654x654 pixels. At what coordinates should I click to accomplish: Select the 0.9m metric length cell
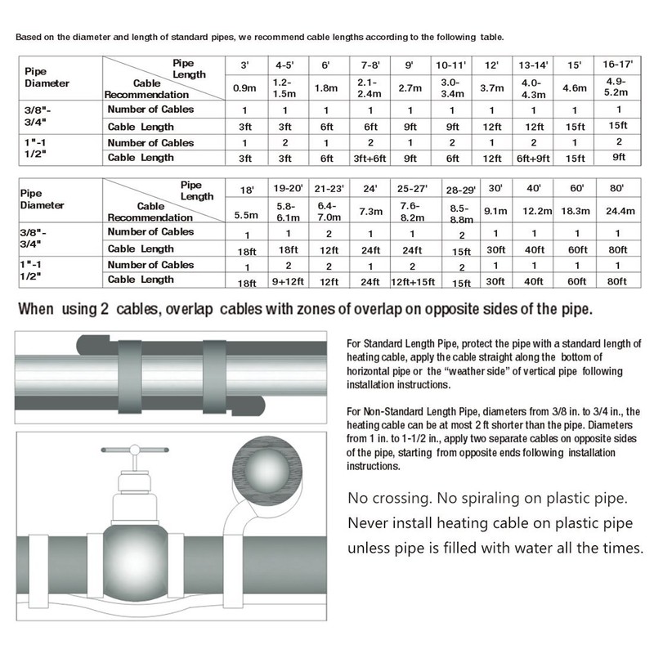(243, 87)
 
